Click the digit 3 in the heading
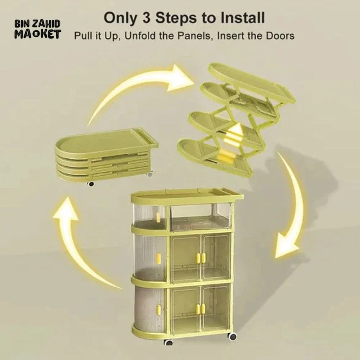[147, 18]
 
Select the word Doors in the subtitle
[280, 36]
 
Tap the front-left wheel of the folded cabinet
[91, 184]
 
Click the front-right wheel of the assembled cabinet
[233, 337]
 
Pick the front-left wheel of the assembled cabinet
[169, 342]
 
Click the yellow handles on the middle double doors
[201, 258]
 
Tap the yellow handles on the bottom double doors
[201, 309]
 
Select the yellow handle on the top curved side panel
[158, 216]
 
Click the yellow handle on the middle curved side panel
[158, 258]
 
